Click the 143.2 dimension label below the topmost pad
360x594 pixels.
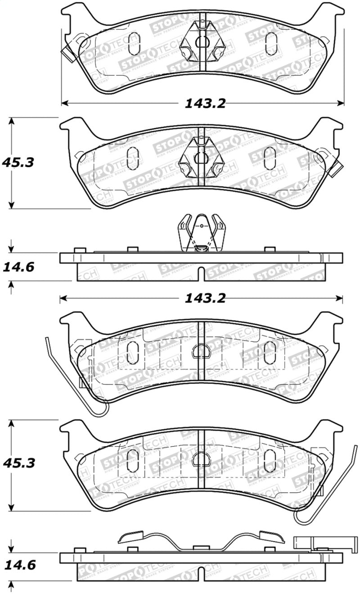point(204,104)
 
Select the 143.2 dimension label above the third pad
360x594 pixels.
point(204,298)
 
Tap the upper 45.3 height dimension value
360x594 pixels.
point(18,162)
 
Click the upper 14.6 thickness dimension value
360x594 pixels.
point(18,268)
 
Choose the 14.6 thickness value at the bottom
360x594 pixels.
point(18,565)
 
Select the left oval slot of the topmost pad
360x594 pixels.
point(134,44)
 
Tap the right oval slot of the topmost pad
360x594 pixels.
point(271,44)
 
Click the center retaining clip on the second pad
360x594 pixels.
point(202,156)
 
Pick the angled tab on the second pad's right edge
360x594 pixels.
point(335,168)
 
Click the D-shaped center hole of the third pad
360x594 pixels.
point(199,350)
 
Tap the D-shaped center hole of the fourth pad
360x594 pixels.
point(199,459)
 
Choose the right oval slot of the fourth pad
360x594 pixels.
point(270,460)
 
